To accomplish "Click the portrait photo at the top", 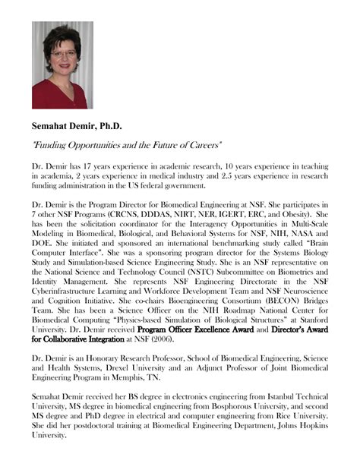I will pos(62,65).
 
